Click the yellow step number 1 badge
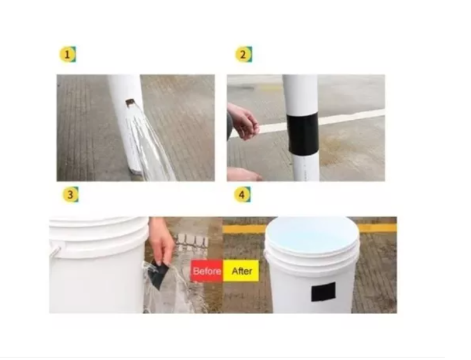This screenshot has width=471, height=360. pyautogui.click(x=68, y=54)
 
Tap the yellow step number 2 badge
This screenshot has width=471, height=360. pyautogui.click(x=243, y=54)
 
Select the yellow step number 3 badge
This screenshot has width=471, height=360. pyautogui.click(x=70, y=195)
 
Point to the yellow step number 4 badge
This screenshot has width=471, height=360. pyautogui.click(x=243, y=195)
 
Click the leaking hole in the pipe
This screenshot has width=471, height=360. pyautogui.click(x=130, y=102)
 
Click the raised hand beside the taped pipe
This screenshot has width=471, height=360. pyautogui.click(x=243, y=121)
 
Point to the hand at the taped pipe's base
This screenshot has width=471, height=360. pyautogui.click(x=244, y=174)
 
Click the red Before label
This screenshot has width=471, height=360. pyautogui.click(x=207, y=271)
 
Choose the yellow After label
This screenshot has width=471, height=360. pyautogui.click(x=241, y=271)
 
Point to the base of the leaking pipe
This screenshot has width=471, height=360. pyautogui.click(x=136, y=170)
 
